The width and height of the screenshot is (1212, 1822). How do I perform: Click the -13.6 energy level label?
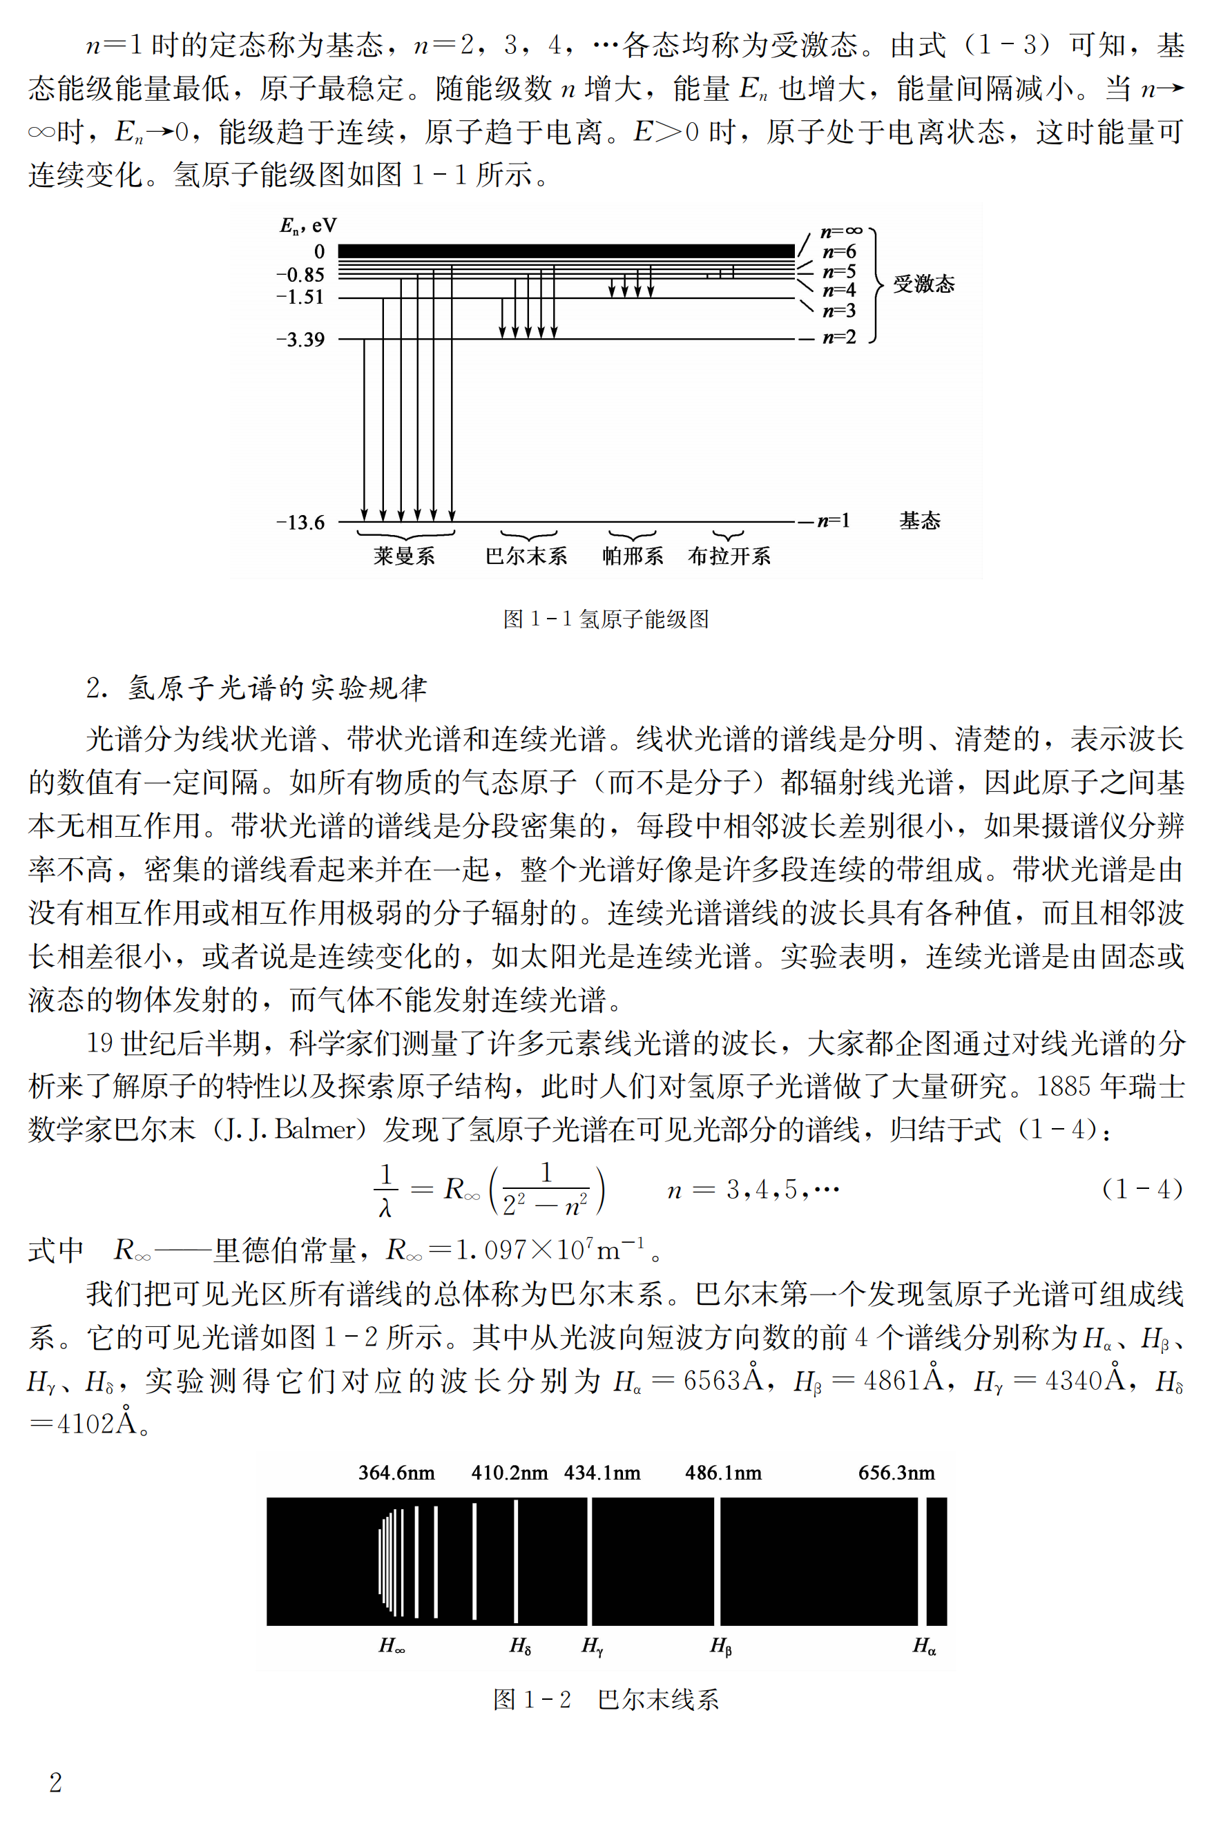pyautogui.click(x=300, y=523)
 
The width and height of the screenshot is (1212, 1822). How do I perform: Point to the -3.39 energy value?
pyautogui.click(x=300, y=339)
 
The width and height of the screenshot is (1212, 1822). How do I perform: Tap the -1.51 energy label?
pyautogui.click(x=300, y=298)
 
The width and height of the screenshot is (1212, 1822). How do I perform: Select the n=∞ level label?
pyautogui.click(x=841, y=231)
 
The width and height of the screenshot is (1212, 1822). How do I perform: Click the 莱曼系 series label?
pyautogui.click(x=404, y=556)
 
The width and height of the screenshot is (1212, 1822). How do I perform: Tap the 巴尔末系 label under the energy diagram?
pyautogui.click(x=526, y=556)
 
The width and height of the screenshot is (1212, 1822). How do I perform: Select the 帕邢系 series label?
pyautogui.click(x=633, y=556)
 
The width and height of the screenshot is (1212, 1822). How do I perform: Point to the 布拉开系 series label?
pyautogui.click(x=729, y=556)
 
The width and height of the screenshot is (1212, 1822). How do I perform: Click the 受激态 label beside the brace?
pyautogui.click(x=924, y=284)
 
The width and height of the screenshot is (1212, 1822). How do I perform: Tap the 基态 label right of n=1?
pyautogui.click(x=920, y=521)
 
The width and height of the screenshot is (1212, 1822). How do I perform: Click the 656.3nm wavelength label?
pyautogui.click(x=896, y=1473)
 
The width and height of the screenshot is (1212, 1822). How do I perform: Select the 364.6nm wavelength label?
pyautogui.click(x=396, y=1473)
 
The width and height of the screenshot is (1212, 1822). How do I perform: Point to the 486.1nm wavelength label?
pyautogui.click(x=723, y=1473)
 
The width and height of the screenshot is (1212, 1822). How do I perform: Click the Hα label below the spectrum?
pyautogui.click(x=924, y=1646)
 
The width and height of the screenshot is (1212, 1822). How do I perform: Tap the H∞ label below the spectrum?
pyautogui.click(x=391, y=1646)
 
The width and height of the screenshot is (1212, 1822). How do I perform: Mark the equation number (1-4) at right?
pyautogui.click(x=1142, y=1188)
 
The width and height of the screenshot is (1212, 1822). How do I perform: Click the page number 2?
pyautogui.click(x=55, y=1783)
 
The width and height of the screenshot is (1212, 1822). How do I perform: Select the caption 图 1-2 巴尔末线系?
pyautogui.click(x=606, y=1699)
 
